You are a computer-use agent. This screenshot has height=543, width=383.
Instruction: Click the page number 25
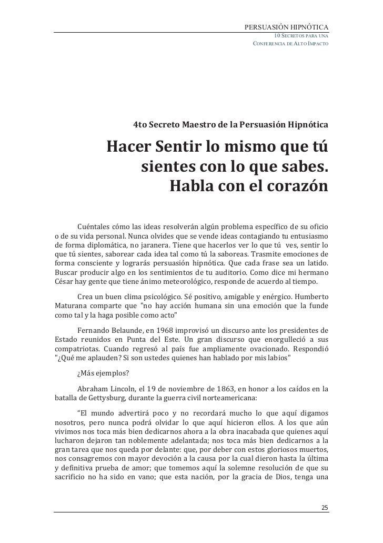[x=325, y=507]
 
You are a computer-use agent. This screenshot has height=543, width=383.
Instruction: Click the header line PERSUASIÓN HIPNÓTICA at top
[x=287, y=26]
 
